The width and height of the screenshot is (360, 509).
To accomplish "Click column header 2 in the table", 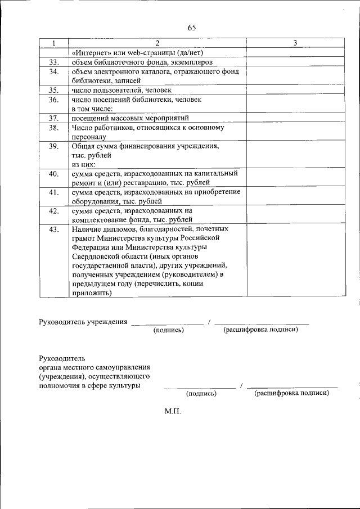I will tap(157, 43).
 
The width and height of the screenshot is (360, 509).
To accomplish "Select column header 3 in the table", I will tap(295, 43).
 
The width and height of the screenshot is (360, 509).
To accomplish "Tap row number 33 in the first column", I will tap(53, 62).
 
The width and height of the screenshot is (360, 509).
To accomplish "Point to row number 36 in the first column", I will tap(53, 100).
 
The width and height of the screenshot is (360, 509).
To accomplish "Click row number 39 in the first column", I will tap(53, 146).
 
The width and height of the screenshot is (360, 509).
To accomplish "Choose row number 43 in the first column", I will tap(53, 229).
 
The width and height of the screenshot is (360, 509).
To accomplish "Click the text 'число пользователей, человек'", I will tap(121, 90).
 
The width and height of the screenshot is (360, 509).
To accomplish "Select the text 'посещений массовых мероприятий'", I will tap(130, 118).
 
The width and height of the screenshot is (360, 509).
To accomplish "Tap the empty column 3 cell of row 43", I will tap(295, 261).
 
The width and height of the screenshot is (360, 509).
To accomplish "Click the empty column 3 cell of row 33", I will tap(295, 62).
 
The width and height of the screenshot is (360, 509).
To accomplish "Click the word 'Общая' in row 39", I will tap(82, 146).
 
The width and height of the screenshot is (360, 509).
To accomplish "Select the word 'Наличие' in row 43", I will tap(87, 229).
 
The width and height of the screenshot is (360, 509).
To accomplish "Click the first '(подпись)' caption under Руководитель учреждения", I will tap(169, 330).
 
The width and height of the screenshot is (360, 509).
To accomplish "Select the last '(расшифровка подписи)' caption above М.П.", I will tap(291, 394).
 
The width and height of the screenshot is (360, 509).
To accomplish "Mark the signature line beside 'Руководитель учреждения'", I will tap(167, 324).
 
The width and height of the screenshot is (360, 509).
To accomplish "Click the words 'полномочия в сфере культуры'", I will tap(89, 386).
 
